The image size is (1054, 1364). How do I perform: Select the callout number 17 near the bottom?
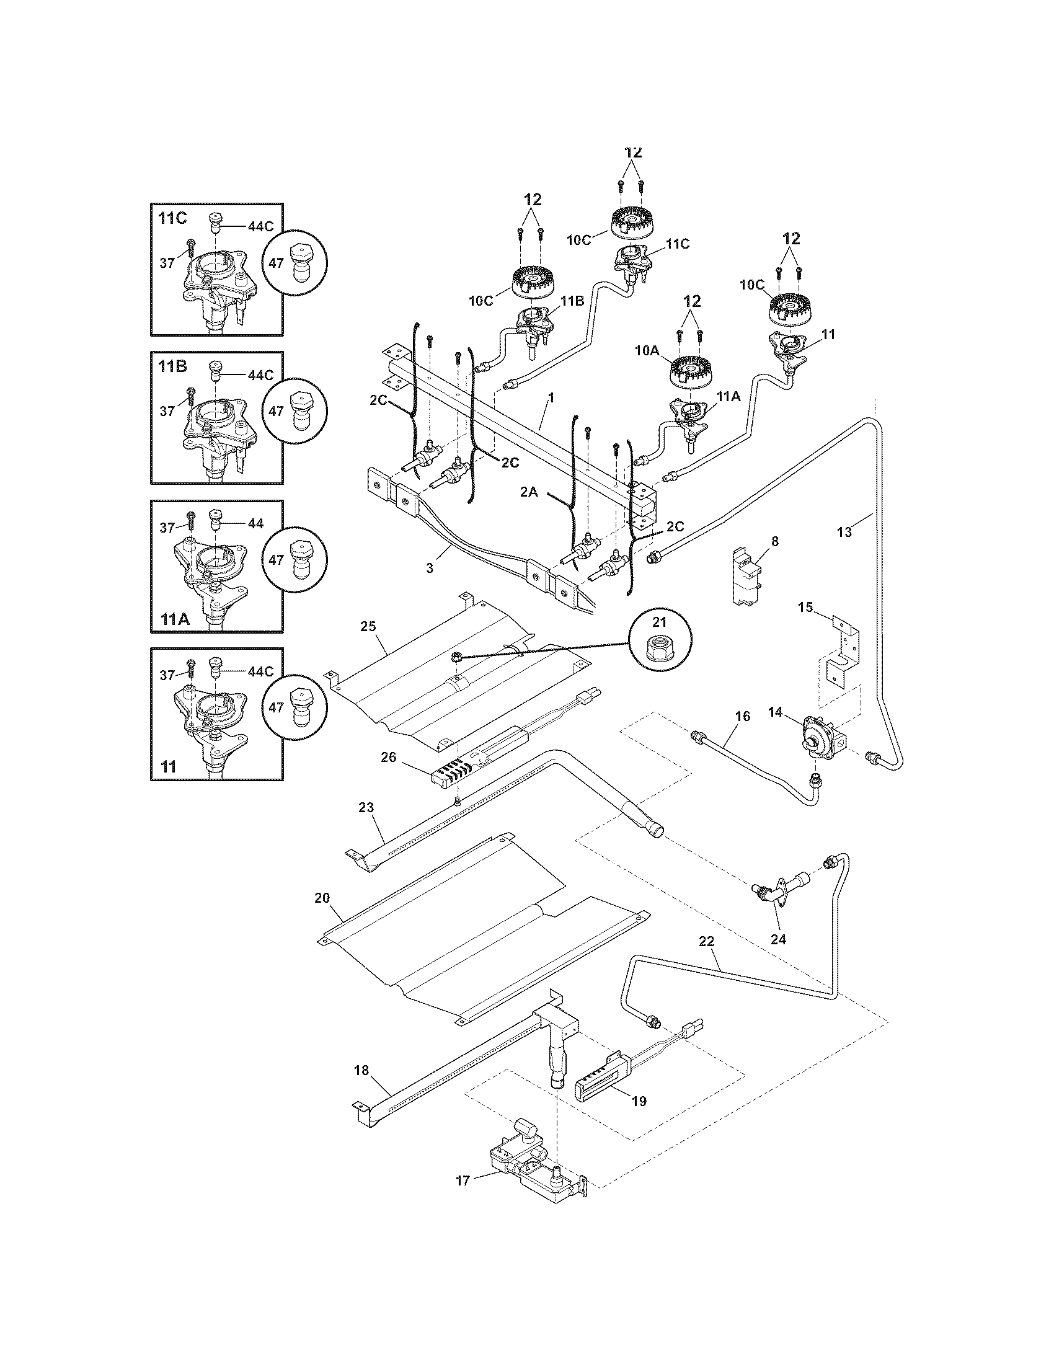pyautogui.click(x=463, y=1181)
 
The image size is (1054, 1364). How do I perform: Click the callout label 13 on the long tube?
pyautogui.click(x=844, y=532)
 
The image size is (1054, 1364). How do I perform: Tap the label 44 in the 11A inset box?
pyautogui.click(x=255, y=523)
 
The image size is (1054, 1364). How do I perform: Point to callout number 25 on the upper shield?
pyautogui.click(x=368, y=625)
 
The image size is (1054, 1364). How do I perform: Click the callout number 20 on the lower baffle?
pyautogui.click(x=322, y=898)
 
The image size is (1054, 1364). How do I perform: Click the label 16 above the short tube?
pyautogui.click(x=742, y=715)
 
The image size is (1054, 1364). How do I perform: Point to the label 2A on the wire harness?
pyautogui.click(x=529, y=492)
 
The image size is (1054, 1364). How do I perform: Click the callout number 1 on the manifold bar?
pyautogui.click(x=550, y=397)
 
